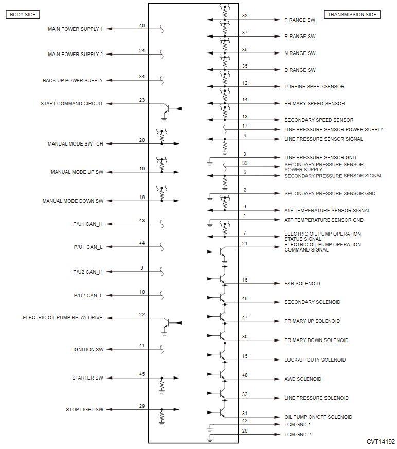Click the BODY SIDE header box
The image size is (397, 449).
click(x=23, y=14)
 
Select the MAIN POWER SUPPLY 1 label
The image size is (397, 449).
click(x=76, y=29)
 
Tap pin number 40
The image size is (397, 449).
click(x=142, y=26)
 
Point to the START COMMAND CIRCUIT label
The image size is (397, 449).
click(x=72, y=104)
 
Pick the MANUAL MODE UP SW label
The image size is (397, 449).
click(x=77, y=172)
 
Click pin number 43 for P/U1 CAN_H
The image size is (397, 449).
click(x=142, y=221)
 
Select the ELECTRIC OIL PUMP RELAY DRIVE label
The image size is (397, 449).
click(x=63, y=318)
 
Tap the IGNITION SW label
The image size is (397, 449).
click(x=88, y=350)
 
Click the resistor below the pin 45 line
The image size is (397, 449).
click(x=162, y=385)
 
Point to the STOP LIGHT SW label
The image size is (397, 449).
click(x=84, y=410)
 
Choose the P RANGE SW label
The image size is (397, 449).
click(x=300, y=20)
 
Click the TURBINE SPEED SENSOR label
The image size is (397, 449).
click(x=314, y=86)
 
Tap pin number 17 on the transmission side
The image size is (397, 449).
click(x=245, y=125)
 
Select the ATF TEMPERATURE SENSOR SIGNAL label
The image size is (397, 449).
click(x=327, y=210)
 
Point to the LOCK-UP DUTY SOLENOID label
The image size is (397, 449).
click(x=315, y=360)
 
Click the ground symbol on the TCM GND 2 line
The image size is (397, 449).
click(x=210, y=439)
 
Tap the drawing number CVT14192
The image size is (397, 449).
click(x=381, y=442)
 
